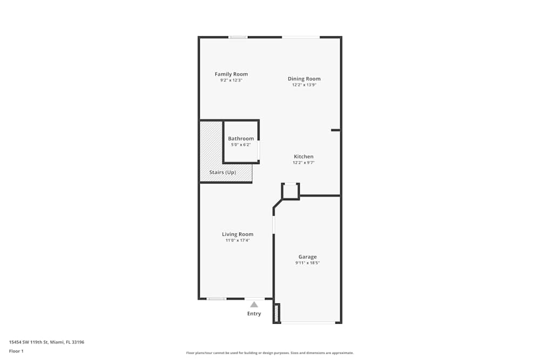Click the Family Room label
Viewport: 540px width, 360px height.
231,74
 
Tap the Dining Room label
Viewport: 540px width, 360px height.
304,79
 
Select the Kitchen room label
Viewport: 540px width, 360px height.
303,157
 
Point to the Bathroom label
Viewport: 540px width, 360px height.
241,139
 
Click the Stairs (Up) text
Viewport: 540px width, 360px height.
222,172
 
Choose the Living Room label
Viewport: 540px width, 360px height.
238,234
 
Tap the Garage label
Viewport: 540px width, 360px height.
308,257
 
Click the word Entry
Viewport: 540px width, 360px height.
254,314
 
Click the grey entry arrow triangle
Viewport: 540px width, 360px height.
254,304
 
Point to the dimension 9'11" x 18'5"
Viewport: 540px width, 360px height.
308,263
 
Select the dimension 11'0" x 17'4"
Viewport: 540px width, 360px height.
238,240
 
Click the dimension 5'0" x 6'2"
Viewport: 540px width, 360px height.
241,145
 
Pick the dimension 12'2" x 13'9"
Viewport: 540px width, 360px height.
304,85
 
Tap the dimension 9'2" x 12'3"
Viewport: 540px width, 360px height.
231,80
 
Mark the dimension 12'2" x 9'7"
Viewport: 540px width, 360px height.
303,162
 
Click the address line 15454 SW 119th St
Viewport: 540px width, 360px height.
29,342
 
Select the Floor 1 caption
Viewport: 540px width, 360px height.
16,351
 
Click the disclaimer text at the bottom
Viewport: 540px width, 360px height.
269,353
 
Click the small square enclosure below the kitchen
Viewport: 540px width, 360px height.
291,191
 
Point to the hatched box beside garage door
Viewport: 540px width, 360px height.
276,313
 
